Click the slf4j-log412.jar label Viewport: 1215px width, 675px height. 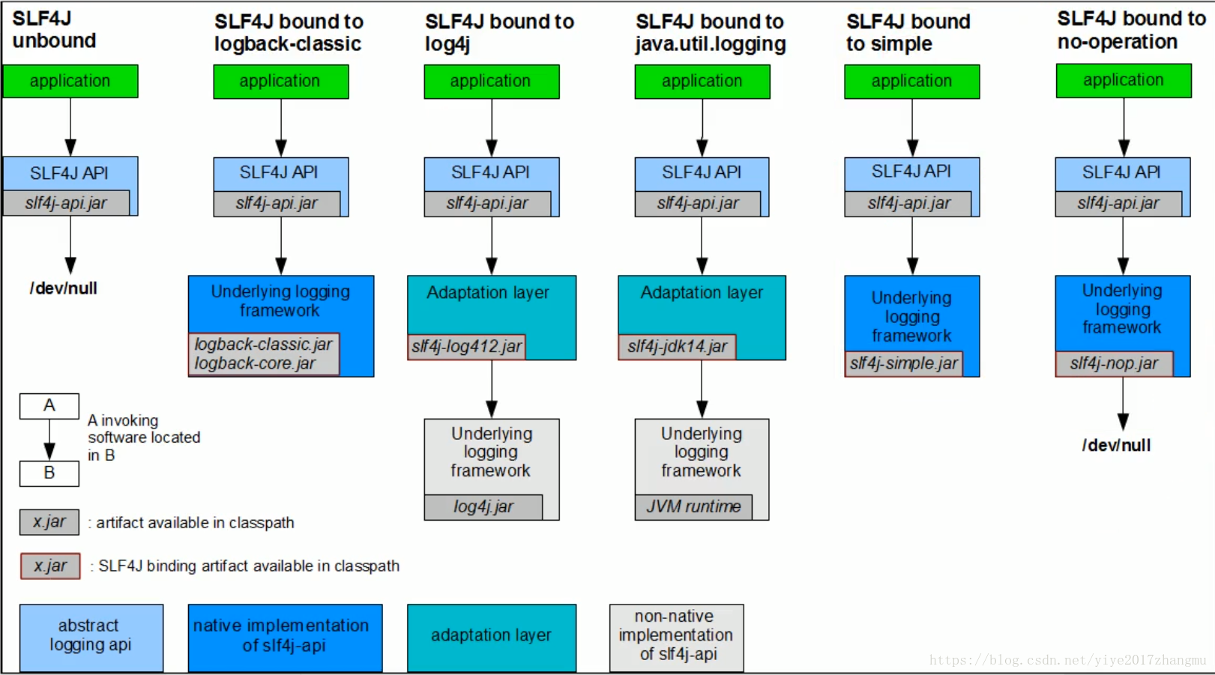(466, 346)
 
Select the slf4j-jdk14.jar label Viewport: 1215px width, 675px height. (677, 346)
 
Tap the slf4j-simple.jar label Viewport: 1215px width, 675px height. (904, 363)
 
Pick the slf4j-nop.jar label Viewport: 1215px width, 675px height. (1114, 363)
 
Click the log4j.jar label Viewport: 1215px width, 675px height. (483, 507)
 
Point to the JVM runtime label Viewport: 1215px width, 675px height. (694, 507)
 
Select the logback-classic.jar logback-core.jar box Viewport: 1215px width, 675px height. (264, 354)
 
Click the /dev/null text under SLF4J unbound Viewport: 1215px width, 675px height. (64, 288)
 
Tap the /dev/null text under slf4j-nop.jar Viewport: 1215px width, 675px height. (1116, 445)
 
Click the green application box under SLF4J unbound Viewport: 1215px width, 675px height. (70, 82)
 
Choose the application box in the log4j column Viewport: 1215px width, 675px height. (492, 82)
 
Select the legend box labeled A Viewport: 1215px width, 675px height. (49, 406)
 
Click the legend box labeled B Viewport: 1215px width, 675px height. (49, 473)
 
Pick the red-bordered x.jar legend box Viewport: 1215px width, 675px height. (50, 566)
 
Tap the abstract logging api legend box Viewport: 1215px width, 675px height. (91, 638)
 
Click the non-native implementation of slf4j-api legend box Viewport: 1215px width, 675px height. (676, 638)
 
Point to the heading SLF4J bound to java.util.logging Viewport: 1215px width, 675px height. (711, 32)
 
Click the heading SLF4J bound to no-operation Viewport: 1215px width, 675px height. (1132, 30)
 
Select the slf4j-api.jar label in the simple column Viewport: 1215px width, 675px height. (908, 204)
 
